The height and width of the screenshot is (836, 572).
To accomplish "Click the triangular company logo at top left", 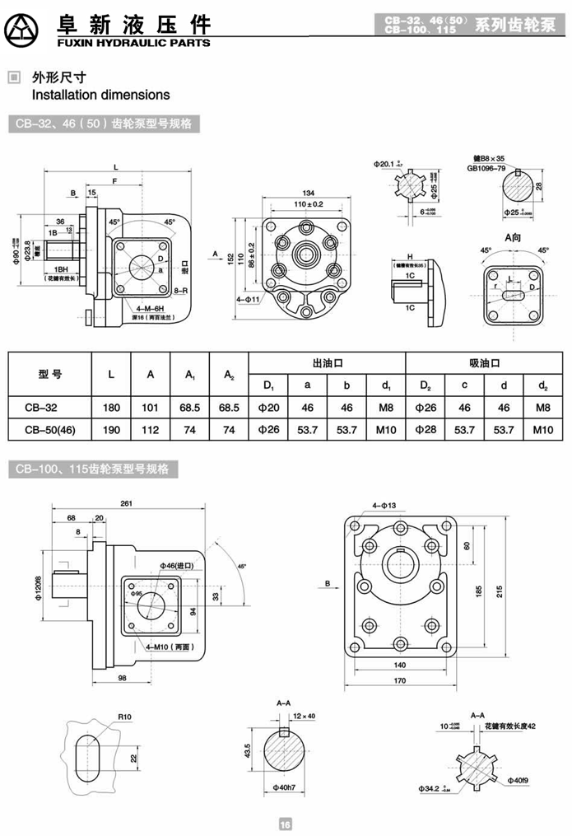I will click(26, 30).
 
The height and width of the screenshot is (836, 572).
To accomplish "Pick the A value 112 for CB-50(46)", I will click(151, 429).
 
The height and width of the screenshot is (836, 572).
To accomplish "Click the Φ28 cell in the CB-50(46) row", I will click(426, 429).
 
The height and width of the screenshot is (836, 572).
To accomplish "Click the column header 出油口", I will click(327, 362).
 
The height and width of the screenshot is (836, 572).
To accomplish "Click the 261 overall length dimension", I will click(126, 503).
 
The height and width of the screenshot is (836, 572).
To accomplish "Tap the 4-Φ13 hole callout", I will click(384, 504).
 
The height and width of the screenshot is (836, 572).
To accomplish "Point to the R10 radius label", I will click(124, 717).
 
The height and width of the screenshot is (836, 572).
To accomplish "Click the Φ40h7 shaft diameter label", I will click(285, 787).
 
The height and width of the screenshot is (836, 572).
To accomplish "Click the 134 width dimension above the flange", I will click(308, 192).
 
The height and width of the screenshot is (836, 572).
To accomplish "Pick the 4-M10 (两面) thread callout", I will click(166, 626).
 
